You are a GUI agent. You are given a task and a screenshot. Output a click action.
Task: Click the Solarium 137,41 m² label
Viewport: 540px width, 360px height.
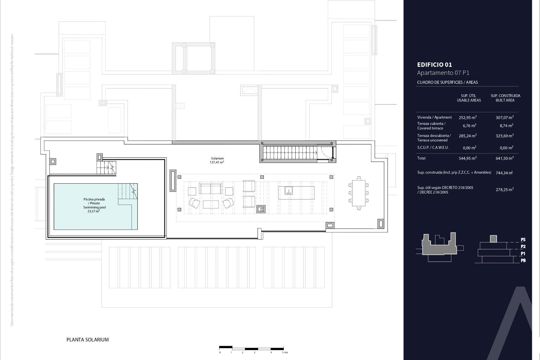point(217,160)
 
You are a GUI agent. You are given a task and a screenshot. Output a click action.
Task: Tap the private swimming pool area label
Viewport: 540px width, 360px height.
point(94,205)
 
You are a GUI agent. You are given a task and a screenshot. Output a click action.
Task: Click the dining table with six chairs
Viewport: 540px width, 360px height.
point(359,193)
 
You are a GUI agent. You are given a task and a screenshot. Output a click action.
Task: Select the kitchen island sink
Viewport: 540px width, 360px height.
point(289,191)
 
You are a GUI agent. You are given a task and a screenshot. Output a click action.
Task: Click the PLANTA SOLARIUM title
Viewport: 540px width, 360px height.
point(87,339)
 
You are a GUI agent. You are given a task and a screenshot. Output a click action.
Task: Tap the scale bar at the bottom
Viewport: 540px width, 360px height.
point(251,348)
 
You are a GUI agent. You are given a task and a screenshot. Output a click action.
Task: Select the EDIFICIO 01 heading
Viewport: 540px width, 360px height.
point(435,65)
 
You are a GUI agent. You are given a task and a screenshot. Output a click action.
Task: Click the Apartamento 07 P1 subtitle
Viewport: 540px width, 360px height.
point(443,73)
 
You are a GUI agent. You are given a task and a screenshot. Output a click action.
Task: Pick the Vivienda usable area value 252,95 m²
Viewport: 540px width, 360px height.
point(467,118)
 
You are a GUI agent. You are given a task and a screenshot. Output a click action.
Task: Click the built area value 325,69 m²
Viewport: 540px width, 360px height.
point(505,136)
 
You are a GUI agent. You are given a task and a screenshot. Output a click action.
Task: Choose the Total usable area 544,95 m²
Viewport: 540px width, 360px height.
point(467,158)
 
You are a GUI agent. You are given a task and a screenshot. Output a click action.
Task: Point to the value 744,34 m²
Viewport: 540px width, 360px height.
point(504,173)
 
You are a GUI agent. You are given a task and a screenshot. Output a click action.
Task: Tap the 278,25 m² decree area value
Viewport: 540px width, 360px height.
point(505,190)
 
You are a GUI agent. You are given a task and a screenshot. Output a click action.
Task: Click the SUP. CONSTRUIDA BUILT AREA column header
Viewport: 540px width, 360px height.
point(505,98)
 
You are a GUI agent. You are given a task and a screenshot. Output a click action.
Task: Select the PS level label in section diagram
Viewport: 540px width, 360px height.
point(523,240)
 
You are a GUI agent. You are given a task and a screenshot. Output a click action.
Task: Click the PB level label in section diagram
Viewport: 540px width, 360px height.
point(523,260)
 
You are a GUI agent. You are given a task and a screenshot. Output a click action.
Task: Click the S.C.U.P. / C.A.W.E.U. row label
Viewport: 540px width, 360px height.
point(433,147)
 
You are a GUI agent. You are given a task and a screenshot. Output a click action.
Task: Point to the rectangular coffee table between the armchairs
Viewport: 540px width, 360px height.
point(211,204)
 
